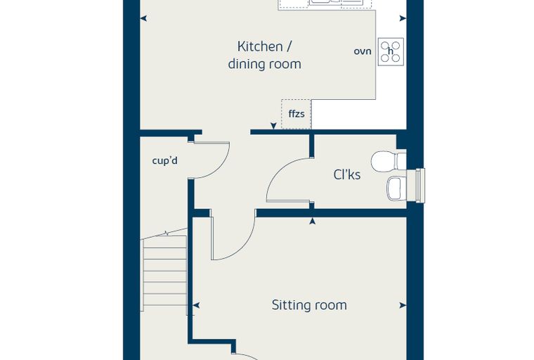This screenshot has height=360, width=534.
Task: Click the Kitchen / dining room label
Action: point(264,56)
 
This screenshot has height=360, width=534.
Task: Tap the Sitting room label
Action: point(309,304)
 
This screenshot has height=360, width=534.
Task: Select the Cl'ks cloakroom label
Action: point(346,174)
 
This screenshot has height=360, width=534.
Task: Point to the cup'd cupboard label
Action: point(165,160)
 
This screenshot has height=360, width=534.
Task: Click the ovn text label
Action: point(363,51)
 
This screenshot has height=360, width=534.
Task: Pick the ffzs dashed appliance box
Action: point(297,114)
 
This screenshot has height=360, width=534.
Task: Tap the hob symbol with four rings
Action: point(391,51)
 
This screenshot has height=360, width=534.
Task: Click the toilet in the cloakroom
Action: point(389,161)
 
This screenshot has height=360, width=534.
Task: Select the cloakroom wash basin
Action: point(397,188)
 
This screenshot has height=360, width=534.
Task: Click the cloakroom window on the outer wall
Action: point(420,186)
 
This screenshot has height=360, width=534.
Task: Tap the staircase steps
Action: point(165,271)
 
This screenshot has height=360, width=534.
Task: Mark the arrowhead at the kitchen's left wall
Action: point(144,18)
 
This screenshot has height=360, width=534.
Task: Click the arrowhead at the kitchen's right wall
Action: point(403,18)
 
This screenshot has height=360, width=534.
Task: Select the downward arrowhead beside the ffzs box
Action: point(273,126)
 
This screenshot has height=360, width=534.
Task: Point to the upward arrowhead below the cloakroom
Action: point(312,221)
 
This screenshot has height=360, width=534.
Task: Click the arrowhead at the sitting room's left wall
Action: point(196,305)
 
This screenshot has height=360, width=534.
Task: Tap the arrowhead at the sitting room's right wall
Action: point(403,305)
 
